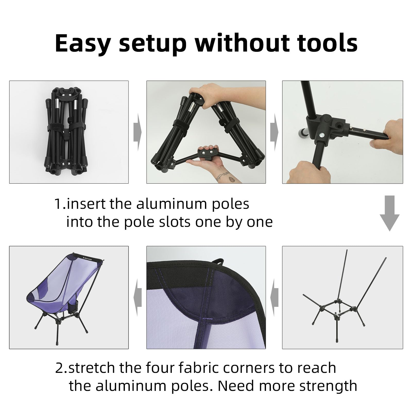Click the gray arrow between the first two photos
coord(137,132)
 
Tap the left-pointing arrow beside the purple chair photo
coord(138,297)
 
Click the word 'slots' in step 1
coord(175,222)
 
